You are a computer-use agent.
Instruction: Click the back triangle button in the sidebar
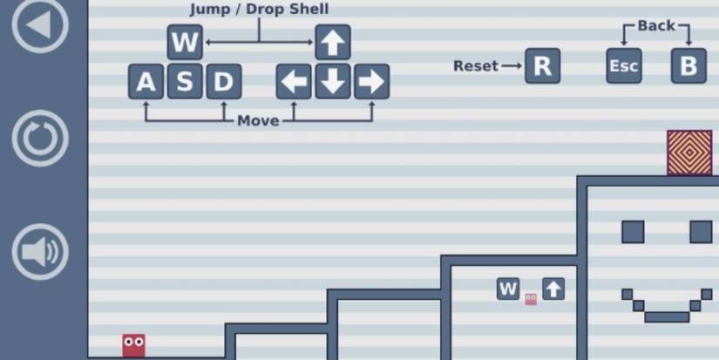pyautogui.click(x=39, y=24)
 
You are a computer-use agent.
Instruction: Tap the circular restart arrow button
pyautogui.click(x=39, y=138)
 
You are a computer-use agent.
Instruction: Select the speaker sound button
pyautogui.click(x=39, y=251)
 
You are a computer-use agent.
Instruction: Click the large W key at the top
pyautogui.click(x=185, y=42)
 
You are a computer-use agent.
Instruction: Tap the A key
pyautogui.click(x=146, y=82)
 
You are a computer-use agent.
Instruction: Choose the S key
pyautogui.click(x=185, y=82)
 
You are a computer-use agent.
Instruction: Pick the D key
pyautogui.click(x=224, y=82)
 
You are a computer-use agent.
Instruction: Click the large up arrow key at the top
pyautogui.click(x=333, y=42)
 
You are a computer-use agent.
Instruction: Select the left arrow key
pyautogui.click(x=294, y=82)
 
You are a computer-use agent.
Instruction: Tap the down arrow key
pyautogui.click(x=333, y=82)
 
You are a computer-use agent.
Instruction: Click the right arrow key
pyautogui.click(x=372, y=82)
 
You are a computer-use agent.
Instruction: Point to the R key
pyautogui.click(x=542, y=66)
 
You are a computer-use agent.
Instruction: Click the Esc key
pyautogui.click(x=624, y=66)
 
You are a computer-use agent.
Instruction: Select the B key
pyautogui.click(x=688, y=66)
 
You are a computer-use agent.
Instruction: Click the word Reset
pyautogui.click(x=476, y=66)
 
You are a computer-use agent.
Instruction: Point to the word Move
pyautogui.click(x=258, y=121)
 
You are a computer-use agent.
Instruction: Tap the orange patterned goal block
pyautogui.click(x=689, y=153)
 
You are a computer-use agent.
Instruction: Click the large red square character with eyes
pyautogui.click(x=134, y=345)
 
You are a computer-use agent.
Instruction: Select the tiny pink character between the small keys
pyautogui.click(x=531, y=299)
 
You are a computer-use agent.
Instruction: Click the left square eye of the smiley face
pyautogui.click(x=633, y=232)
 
